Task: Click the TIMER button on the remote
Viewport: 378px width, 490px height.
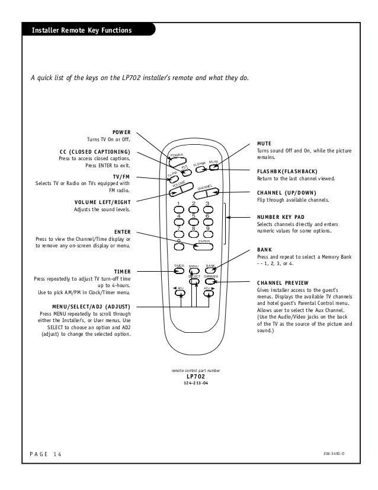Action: pyautogui.click(x=180, y=271)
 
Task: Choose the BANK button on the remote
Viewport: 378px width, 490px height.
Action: pyautogui.click(x=210, y=271)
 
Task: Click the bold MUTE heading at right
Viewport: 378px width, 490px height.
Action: pyautogui.click(x=264, y=144)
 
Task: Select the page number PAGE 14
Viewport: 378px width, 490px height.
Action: pyautogui.click(x=45, y=454)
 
